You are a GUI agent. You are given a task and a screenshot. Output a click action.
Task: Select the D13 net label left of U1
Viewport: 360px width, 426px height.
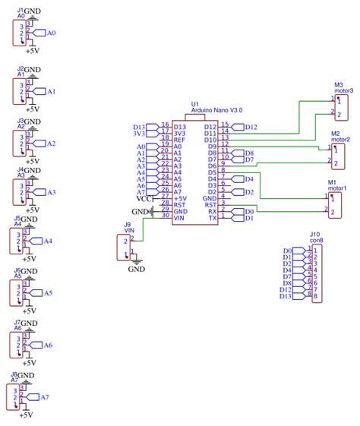(139, 127)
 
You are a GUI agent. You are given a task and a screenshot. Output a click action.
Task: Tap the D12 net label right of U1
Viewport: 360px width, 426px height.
(251, 127)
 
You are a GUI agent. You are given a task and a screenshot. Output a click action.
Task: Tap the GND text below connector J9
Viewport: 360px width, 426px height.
(137, 269)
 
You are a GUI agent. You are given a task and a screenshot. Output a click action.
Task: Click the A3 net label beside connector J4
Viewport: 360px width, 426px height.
(51, 192)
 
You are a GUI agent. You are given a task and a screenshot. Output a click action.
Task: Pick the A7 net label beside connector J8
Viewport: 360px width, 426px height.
(44, 396)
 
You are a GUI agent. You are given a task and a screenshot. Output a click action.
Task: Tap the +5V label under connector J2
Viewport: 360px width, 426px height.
(33, 110)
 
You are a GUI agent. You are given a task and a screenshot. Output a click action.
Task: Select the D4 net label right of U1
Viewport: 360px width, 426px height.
(248, 179)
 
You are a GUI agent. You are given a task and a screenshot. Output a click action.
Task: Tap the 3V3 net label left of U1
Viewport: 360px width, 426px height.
(139, 134)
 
